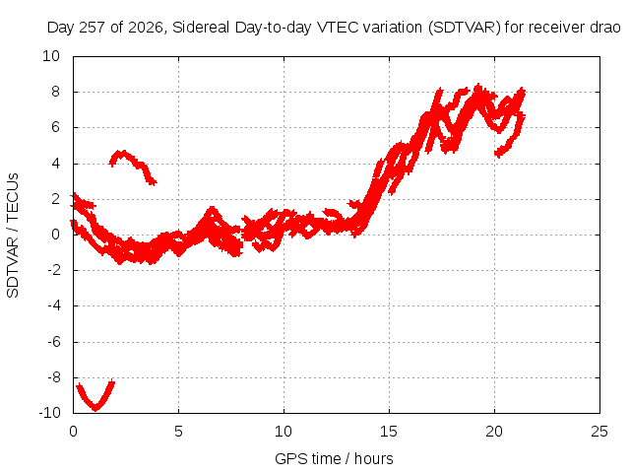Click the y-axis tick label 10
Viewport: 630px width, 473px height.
click(51, 56)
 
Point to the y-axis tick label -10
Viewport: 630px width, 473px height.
click(49, 413)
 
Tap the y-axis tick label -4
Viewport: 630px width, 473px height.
click(53, 305)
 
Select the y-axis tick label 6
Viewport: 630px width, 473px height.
click(55, 127)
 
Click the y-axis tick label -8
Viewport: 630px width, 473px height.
click(53, 377)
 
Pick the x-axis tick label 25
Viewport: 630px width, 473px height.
click(599, 432)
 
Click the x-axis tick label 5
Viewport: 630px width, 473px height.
click(178, 432)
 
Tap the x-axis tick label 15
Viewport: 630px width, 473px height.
click(389, 432)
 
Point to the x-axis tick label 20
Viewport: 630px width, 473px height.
click(494, 432)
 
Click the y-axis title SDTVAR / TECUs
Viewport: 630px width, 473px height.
click(13, 236)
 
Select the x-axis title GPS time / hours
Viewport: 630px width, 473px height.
click(334, 458)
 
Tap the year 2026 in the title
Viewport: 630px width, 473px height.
click(146, 28)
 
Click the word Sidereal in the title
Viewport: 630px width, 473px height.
click(201, 28)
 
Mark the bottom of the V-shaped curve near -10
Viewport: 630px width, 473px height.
click(95, 409)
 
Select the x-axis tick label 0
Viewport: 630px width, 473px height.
click(73, 432)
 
